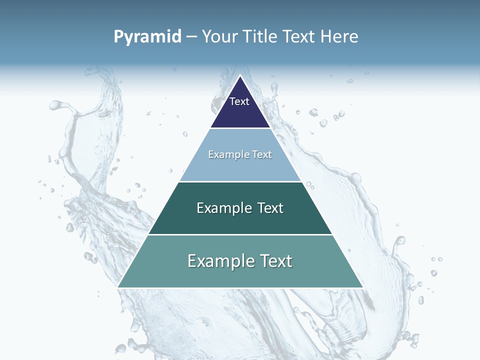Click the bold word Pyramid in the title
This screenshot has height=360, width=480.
[147, 37]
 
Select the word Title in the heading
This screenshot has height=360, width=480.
[261, 37]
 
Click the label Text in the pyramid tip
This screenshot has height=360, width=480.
[239, 101]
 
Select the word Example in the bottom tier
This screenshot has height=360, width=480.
[219, 261]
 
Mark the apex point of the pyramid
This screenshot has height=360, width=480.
[240, 76]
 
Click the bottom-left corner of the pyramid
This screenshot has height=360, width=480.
[118, 287]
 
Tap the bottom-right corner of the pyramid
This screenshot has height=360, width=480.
[362, 287]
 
